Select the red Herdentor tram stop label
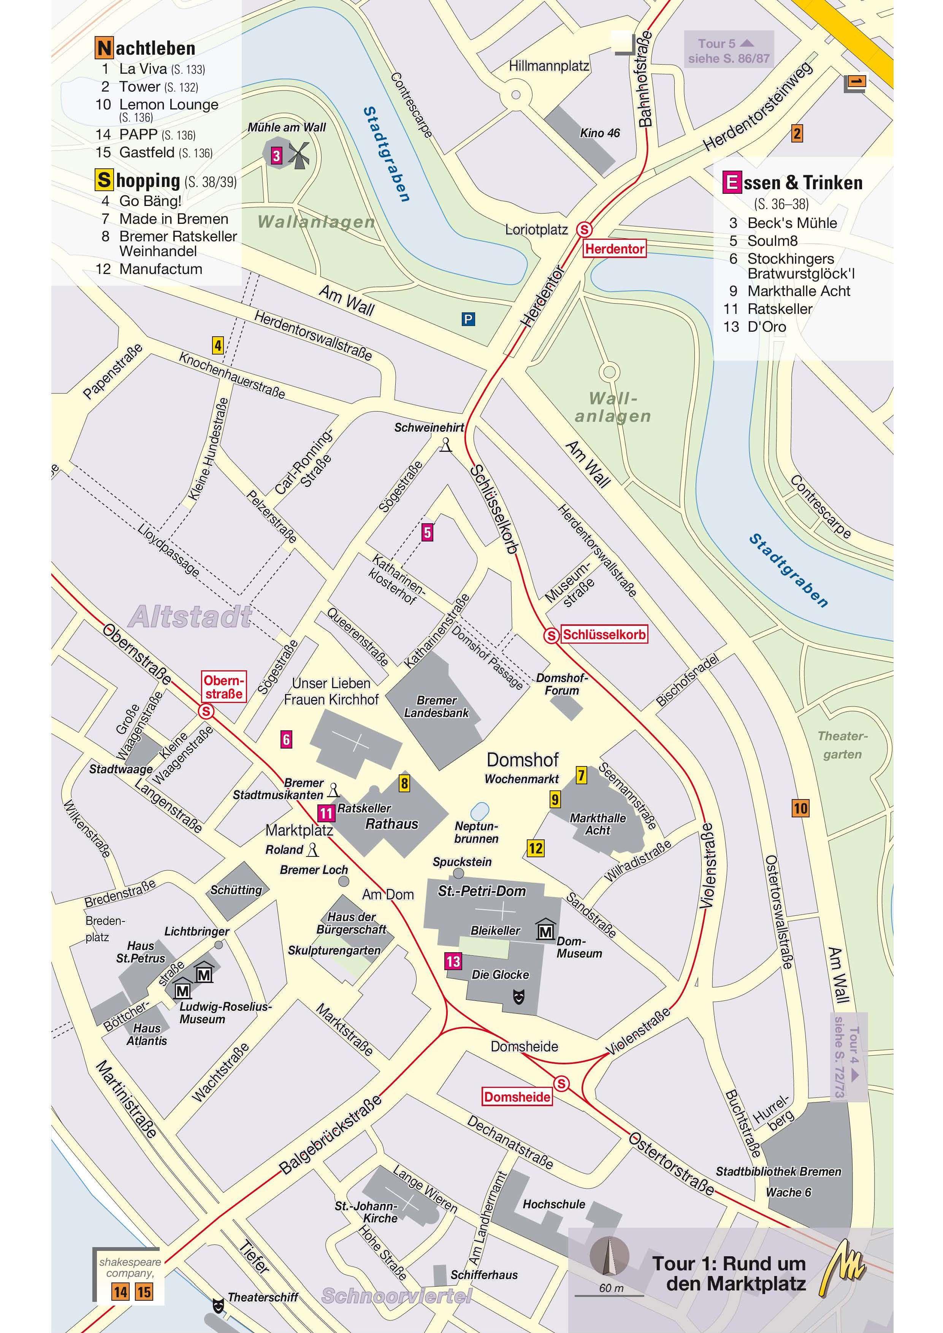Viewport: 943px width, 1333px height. click(x=614, y=249)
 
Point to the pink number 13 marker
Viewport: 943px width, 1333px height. click(x=453, y=961)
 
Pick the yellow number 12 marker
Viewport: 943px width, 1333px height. click(x=536, y=848)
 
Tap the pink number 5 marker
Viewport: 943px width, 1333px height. click(x=427, y=532)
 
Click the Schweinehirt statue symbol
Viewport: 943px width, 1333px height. click(x=445, y=446)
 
